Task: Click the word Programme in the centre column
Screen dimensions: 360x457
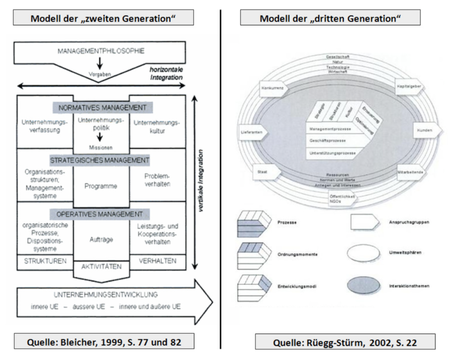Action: coord(101,186)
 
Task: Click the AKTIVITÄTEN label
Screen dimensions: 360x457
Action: coord(101,267)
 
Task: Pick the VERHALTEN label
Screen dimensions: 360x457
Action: coord(157,261)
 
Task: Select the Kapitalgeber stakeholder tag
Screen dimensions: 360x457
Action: coord(410,87)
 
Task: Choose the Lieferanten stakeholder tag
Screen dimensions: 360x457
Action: coord(253,132)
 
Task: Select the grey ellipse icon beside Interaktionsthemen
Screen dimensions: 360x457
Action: coord(365,286)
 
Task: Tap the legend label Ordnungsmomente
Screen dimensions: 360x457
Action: coord(290,254)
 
